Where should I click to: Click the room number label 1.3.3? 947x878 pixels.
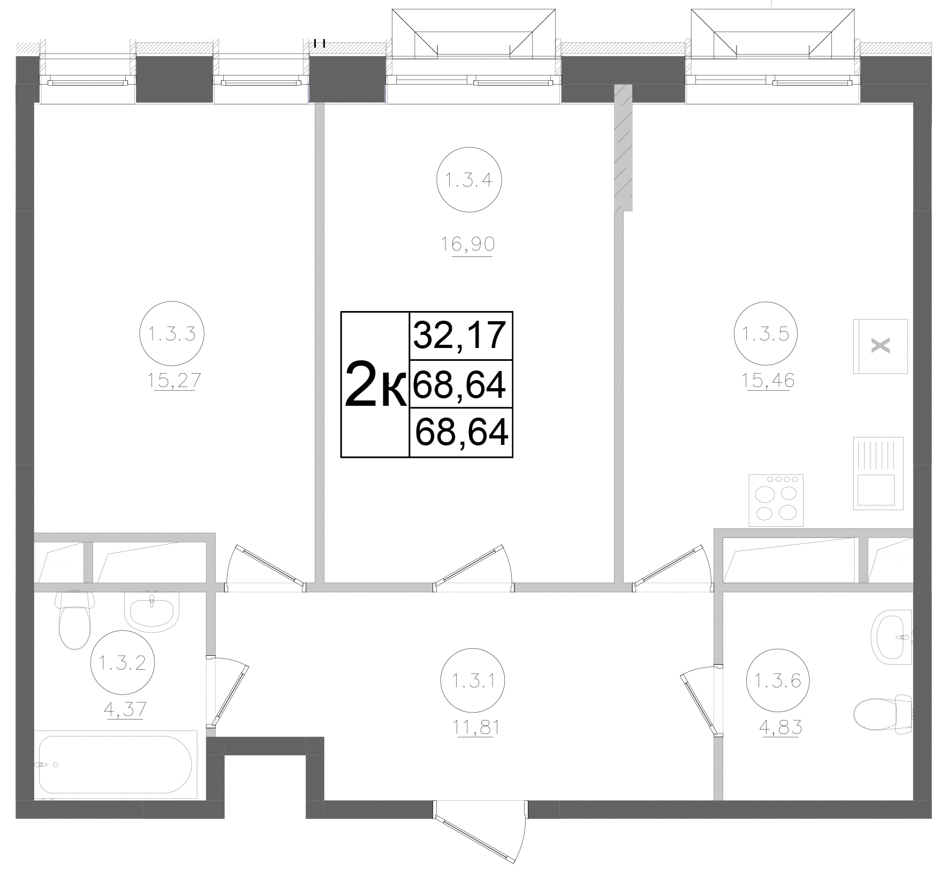(171, 335)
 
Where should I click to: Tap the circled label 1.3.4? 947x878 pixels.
(469, 180)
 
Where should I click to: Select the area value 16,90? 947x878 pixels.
(468, 245)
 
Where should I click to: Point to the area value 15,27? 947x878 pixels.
(174, 381)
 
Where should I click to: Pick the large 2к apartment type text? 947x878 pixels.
(375, 384)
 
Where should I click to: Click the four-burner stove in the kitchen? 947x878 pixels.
(776, 500)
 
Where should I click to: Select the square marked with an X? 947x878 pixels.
(881, 346)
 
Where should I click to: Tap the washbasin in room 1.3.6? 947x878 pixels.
(892, 637)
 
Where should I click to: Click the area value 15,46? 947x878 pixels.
(768, 381)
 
